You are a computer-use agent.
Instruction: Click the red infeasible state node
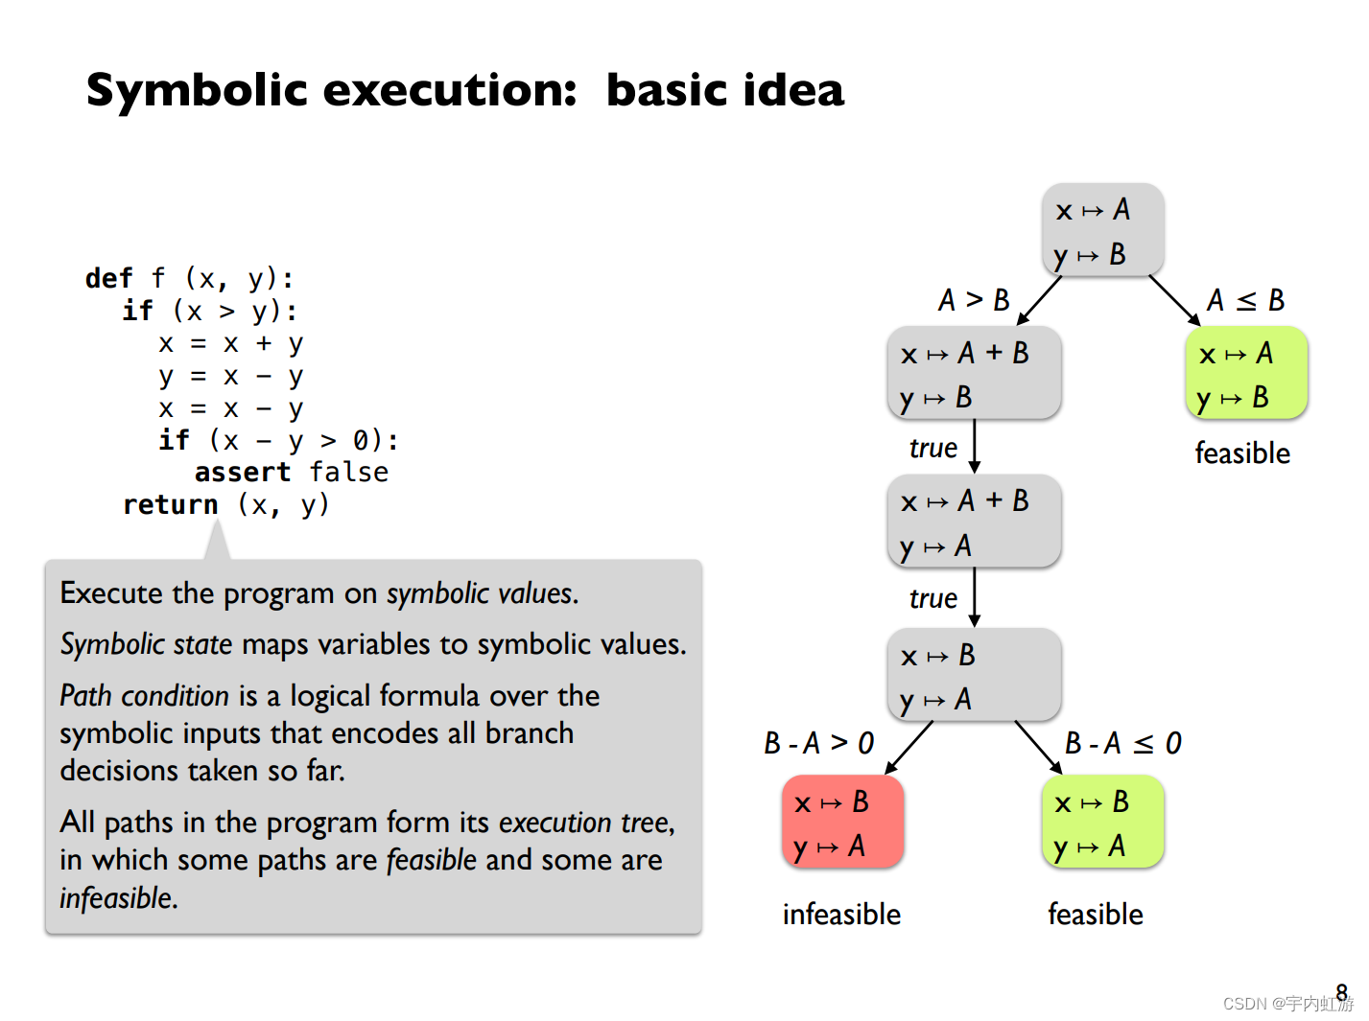point(842,823)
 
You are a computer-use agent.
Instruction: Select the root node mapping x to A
point(1102,231)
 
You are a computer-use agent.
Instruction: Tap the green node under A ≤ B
point(1245,374)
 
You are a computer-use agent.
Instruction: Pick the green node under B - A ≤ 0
point(1101,823)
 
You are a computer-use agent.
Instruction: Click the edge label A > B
point(974,300)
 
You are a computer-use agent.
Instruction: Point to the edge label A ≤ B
point(1245,300)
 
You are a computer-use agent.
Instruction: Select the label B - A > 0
point(818,743)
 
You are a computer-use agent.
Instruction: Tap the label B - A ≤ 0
point(1122,743)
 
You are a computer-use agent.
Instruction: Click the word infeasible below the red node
point(841,915)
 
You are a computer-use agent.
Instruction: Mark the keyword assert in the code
point(242,472)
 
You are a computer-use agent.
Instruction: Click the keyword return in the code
point(171,504)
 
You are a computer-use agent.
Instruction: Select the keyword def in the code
point(108,278)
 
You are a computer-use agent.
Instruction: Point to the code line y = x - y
point(231,376)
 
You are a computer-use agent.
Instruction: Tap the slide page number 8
point(1341,992)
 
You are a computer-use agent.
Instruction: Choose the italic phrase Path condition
point(144,695)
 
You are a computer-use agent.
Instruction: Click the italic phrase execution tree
point(584,823)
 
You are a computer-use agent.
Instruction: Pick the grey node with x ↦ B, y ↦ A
point(973,676)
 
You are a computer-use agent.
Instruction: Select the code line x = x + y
point(231,343)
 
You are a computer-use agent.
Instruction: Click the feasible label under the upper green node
point(1241,453)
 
